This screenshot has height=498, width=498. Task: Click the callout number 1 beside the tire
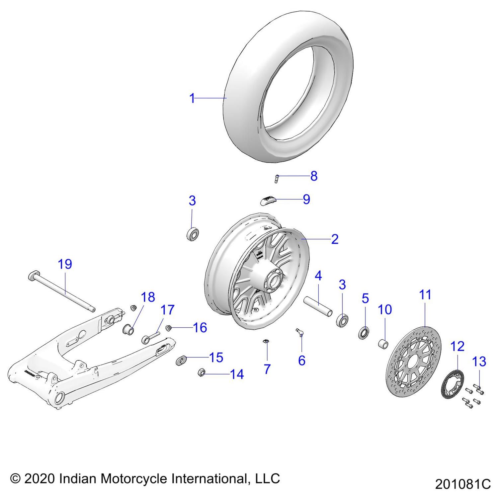[x=192, y=98]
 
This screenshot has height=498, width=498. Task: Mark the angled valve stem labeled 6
[x=300, y=332]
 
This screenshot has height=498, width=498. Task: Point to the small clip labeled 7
[x=266, y=342]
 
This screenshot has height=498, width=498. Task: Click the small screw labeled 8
[x=276, y=178]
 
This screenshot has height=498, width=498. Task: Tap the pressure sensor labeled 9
[x=267, y=200]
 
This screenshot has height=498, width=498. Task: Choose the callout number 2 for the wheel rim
[x=335, y=239]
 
